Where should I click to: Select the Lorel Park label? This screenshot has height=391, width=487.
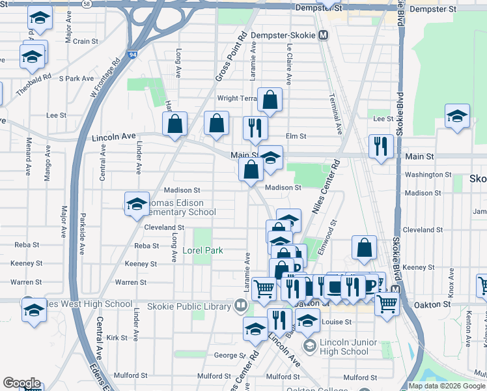click(202, 250)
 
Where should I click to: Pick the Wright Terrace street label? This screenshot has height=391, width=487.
click(238, 98)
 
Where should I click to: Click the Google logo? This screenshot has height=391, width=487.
click(21, 383)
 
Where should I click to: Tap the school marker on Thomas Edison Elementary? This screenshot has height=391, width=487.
click(137, 204)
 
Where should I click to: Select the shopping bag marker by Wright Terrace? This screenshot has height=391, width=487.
click(270, 100)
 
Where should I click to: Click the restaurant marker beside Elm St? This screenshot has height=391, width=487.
click(255, 128)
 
